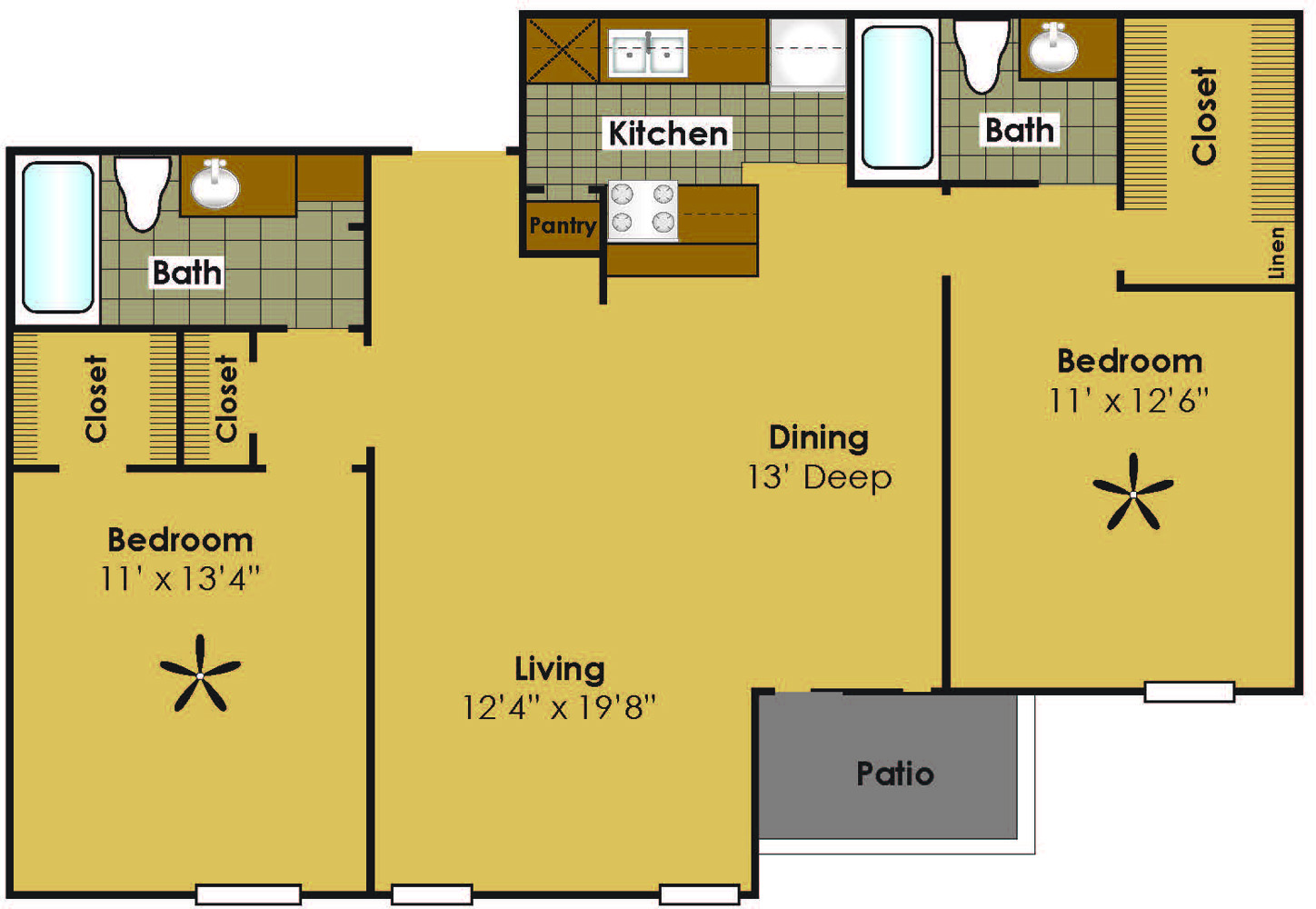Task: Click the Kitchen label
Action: [668, 134]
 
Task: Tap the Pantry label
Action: [563, 225]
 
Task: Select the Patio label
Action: [895, 774]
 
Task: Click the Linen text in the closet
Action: [1276, 253]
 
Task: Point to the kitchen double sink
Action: [647, 54]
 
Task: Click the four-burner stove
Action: [643, 211]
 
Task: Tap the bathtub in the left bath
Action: [57, 237]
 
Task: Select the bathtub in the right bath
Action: [896, 97]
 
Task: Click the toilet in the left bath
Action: [142, 193]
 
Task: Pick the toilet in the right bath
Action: [982, 55]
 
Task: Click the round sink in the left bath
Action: [215, 185]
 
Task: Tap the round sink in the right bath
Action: [1052, 49]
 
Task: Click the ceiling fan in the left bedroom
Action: [200, 675]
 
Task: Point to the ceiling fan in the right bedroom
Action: [1133, 494]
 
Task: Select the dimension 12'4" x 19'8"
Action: [559, 707]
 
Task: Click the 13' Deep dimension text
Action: [819, 477]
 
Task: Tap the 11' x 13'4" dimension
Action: [180, 579]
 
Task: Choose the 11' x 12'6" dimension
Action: [1129, 401]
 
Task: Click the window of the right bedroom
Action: [1189, 692]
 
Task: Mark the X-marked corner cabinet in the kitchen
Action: [563, 51]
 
